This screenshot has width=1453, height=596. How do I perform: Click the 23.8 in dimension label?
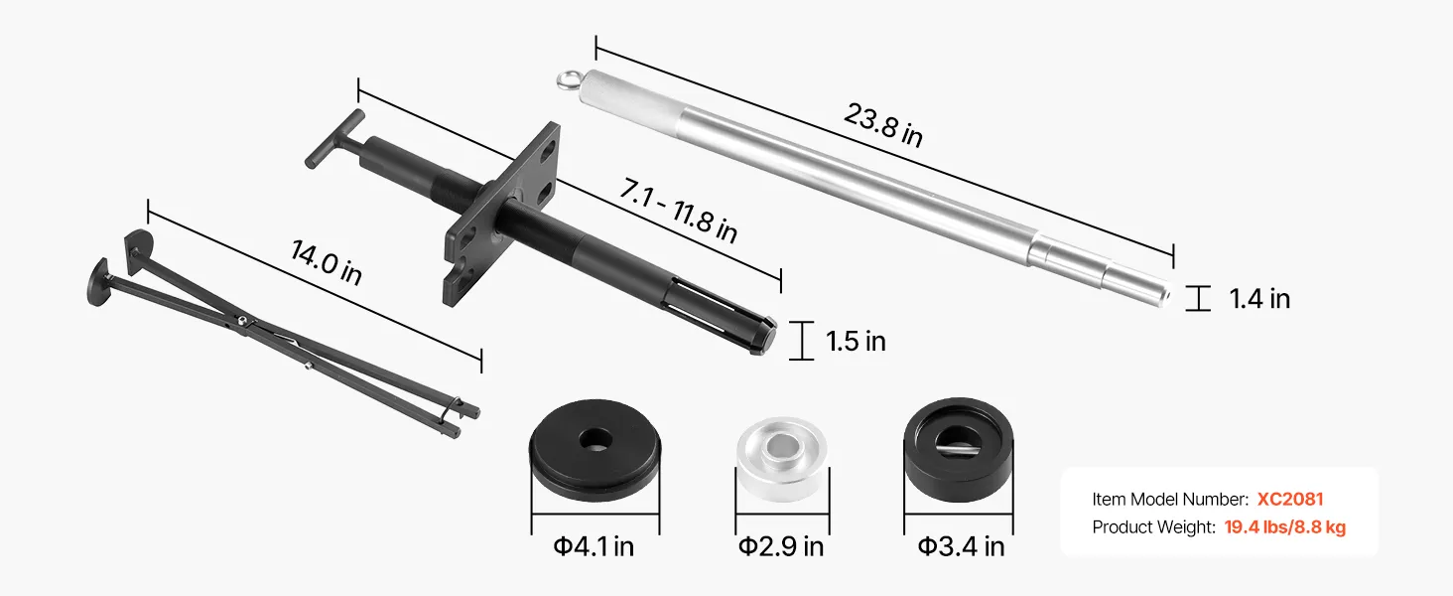point(883,124)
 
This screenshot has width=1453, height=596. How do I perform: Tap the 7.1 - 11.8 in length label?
point(679,211)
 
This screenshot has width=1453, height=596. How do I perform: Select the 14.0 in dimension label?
point(327,262)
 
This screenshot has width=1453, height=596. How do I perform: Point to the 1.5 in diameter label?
point(856,342)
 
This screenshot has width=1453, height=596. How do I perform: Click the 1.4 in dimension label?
point(1259,299)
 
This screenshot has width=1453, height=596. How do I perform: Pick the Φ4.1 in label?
point(594,546)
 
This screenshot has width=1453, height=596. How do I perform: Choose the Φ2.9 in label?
point(781,546)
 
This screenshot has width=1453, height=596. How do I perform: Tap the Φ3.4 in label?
point(962,546)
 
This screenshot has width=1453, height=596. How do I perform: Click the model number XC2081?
point(1290,499)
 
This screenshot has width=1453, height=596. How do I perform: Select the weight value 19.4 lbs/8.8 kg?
point(1285,526)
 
